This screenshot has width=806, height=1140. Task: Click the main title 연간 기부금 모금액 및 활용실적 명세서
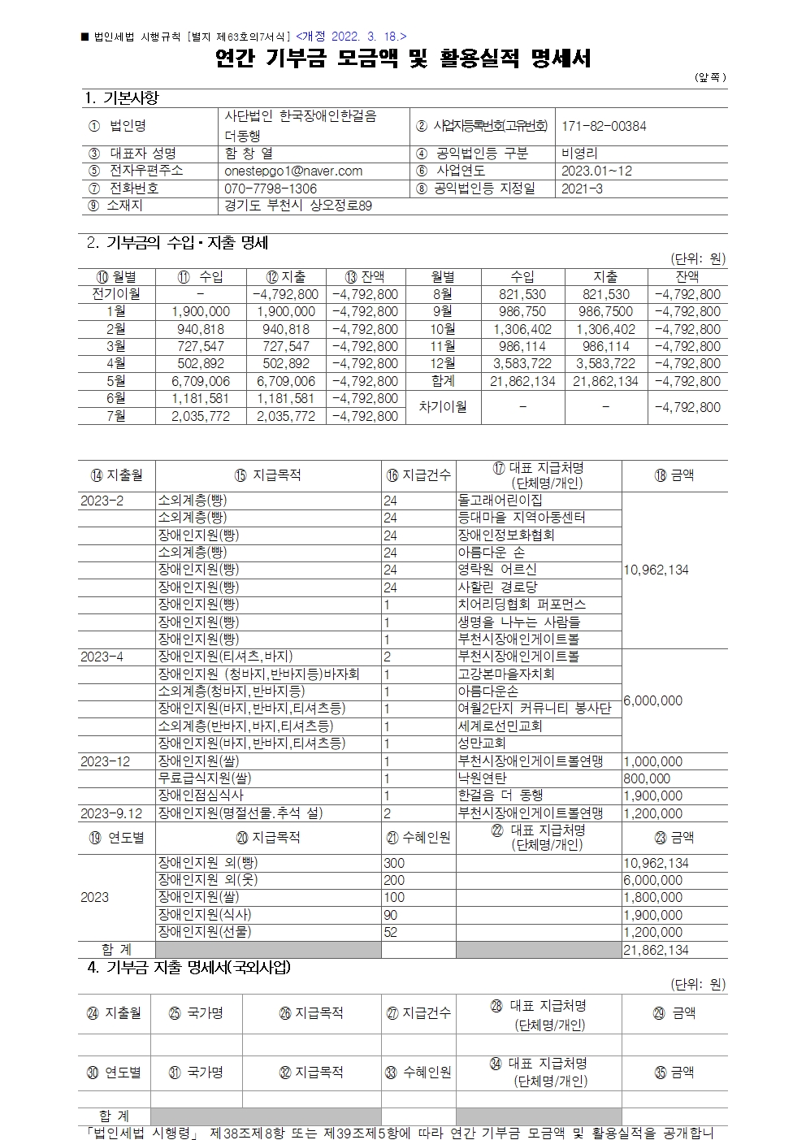point(403,59)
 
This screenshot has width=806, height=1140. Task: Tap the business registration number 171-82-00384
point(604,126)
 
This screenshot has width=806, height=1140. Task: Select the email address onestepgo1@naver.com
point(293,171)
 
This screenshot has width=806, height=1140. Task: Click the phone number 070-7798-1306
point(271,189)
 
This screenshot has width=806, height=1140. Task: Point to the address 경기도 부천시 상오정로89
point(298,206)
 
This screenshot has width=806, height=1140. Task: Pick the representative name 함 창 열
point(249,153)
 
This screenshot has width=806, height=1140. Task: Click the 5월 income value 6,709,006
point(201,381)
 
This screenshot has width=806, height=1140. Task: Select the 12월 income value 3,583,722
point(522,363)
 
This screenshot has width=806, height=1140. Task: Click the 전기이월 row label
point(116,294)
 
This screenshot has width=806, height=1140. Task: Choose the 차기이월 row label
point(443,406)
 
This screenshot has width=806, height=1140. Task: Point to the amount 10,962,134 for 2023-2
point(656,570)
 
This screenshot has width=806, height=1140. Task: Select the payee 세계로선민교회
point(500,726)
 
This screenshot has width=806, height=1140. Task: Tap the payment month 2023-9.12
point(111,813)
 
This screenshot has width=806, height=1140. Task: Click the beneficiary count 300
point(394,863)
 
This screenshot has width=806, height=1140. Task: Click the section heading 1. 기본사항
point(122,98)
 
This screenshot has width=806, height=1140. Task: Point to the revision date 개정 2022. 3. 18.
point(352,36)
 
